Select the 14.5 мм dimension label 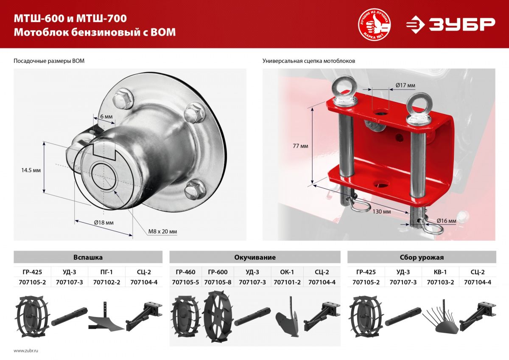pos(31,170)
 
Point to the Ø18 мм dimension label pos(104,222)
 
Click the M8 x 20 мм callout pos(162,231)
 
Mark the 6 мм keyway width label pos(106,116)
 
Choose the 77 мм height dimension pos(300,146)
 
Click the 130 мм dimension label pos(382,211)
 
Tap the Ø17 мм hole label pos(406,85)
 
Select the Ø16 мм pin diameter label pos(446,221)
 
